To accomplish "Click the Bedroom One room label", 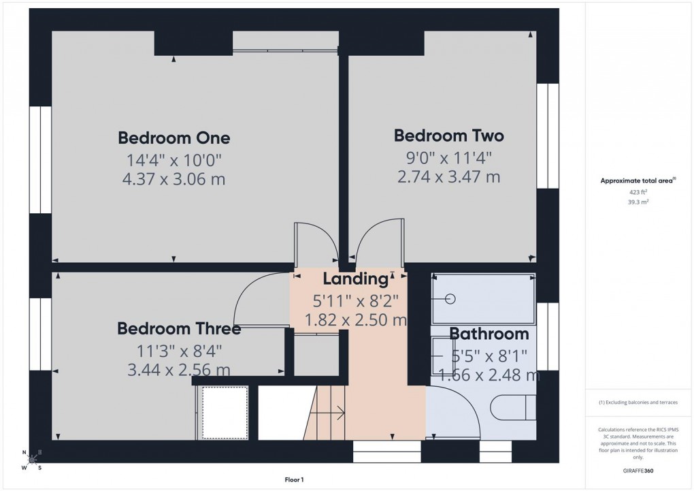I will (174, 138).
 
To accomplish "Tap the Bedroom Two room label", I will (449, 136).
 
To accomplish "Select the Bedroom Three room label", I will (179, 329).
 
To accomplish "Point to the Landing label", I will (354, 279).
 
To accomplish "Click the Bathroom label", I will (489, 334).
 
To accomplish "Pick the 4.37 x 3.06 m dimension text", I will (174, 180).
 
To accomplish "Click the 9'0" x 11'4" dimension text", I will (449, 158).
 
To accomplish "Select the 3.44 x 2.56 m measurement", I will (179, 370).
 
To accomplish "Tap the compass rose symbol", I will (31, 460).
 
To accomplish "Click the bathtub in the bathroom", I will (483, 298).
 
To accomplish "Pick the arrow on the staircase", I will (334, 411).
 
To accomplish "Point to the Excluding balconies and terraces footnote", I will (638, 402).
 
